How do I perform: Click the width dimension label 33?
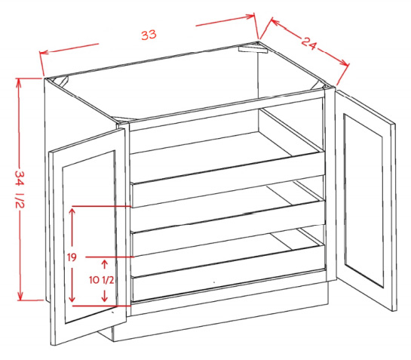coord(149,35)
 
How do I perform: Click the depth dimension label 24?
coord(309,43)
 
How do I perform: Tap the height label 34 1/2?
coord(20,189)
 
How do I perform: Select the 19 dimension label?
coord(72,257)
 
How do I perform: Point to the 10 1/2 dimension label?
coord(102,280)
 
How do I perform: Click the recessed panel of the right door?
coord(363,201)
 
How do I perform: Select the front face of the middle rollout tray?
coord(228,228)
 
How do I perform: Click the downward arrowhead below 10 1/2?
coord(105,298)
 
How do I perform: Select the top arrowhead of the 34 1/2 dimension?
coord(18,82)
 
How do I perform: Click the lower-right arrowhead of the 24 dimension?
coord(345,63)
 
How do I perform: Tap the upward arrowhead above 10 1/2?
coord(105,263)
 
